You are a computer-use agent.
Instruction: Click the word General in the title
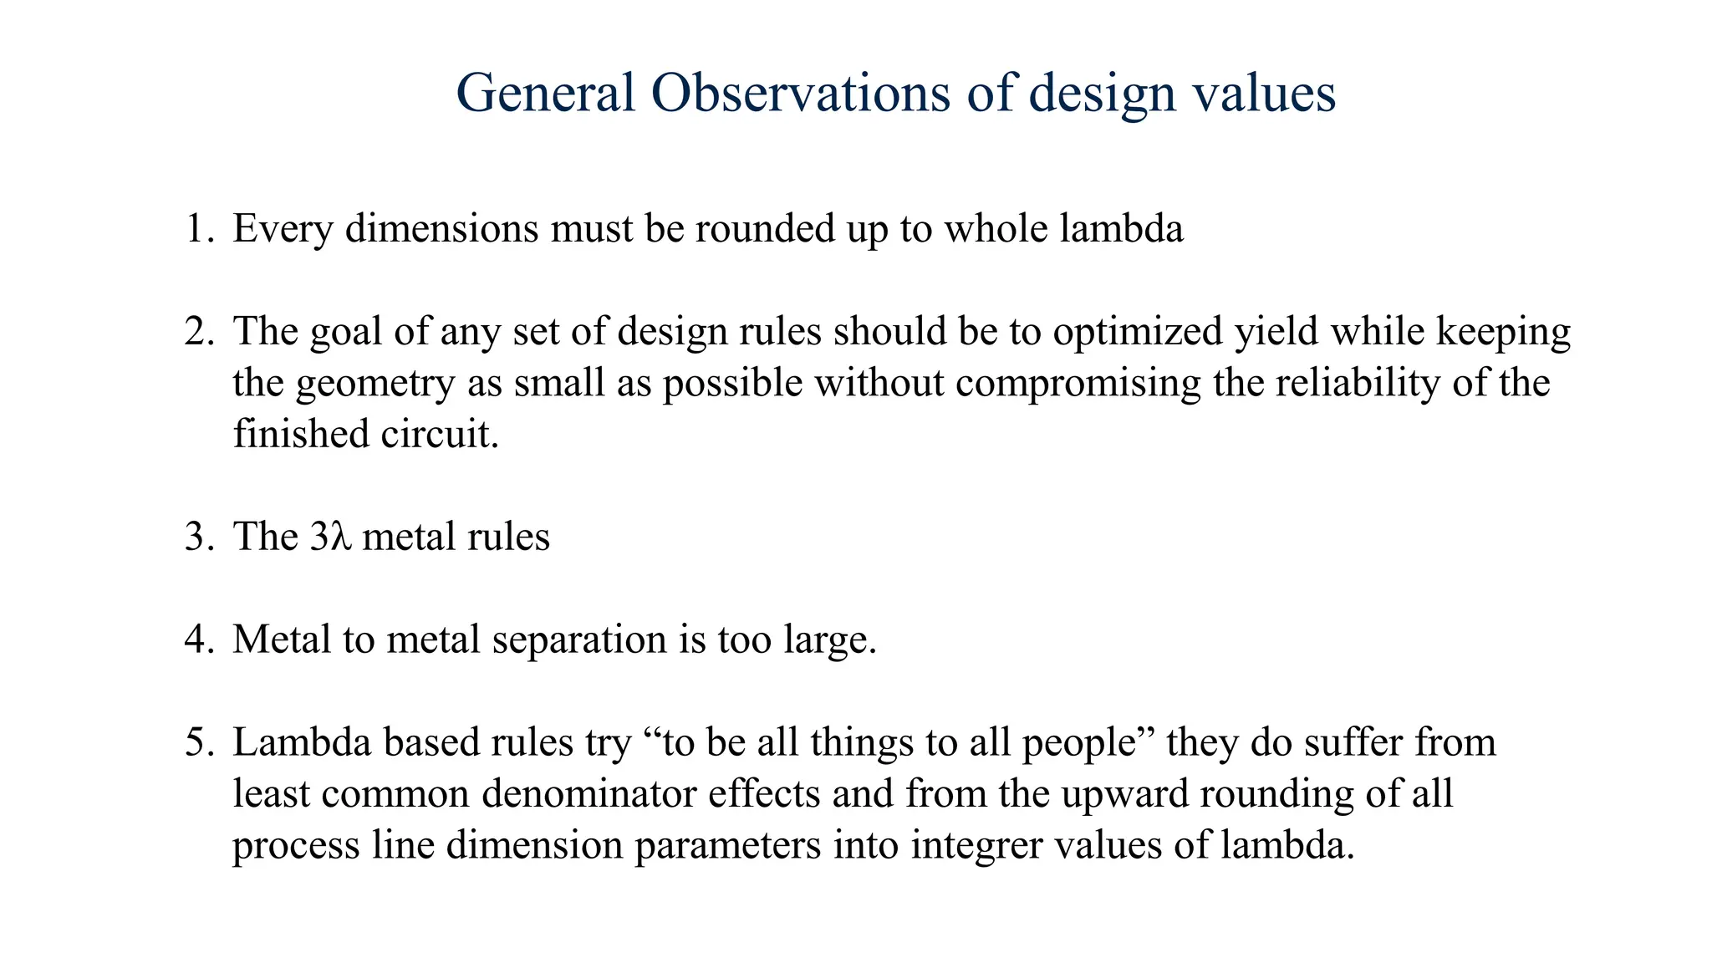point(545,93)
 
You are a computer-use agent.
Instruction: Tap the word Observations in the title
point(801,93)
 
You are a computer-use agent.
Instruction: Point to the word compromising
point(1078,385)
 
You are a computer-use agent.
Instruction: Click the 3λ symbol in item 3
point(327,537)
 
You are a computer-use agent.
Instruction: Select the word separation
point(580,641)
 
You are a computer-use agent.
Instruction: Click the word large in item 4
point(831,641)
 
